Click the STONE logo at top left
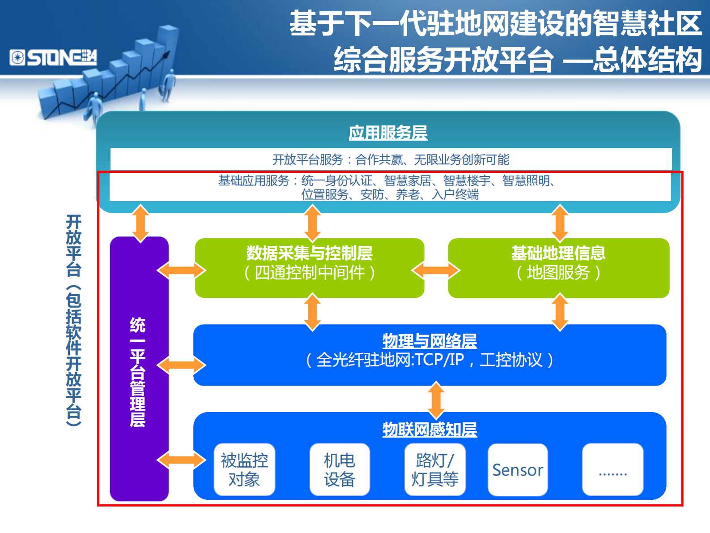(x=53, y=58)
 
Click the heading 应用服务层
(x=388, y=133)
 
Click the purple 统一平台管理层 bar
(x=139, y=370)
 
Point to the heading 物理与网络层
(x=429, y=341)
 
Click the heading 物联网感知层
(x=429, y=430)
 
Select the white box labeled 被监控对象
(x=244, y=470)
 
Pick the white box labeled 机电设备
(x=340, y=470)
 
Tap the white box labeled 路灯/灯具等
(x=435, y=470)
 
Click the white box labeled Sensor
(x=518, y=470)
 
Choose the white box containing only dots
(x=612, y=470)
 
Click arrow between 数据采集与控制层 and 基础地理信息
(x=436, y=270)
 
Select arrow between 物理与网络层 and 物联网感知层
(x=436, y=400)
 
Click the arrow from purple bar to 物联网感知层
(x=181, y=460)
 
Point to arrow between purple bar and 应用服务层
(x=140, y=223)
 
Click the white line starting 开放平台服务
(x=391, y=159)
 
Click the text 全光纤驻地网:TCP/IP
(x=389, y=360)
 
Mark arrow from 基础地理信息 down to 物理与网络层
(x=560, y=312)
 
